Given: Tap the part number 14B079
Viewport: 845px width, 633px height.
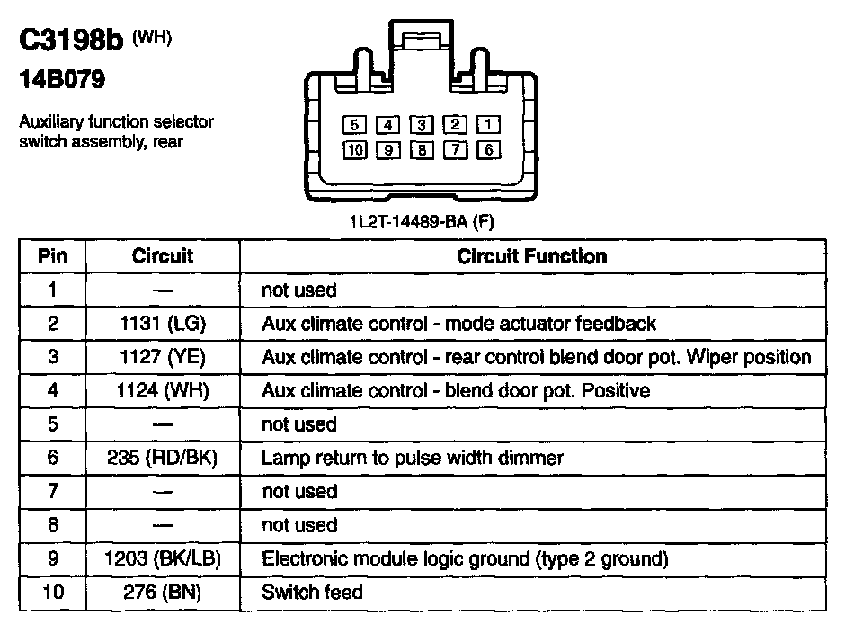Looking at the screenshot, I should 61,81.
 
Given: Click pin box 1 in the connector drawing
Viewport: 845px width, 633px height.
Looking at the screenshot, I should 488,125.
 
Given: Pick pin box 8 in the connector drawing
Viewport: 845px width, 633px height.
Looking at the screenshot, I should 422,150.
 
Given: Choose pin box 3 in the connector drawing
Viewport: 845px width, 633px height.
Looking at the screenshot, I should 422,125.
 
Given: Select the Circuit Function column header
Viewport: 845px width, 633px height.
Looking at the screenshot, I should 532,256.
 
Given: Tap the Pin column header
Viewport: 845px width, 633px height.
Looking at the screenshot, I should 52,256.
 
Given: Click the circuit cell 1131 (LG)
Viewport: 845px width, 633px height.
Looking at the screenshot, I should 163,324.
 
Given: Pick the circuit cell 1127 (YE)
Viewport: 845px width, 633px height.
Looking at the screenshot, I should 163,357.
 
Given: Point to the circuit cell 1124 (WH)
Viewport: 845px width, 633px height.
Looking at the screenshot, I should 163,391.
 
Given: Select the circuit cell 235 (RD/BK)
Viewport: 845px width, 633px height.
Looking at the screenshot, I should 163,458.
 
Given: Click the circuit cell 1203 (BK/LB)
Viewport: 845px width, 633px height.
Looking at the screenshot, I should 163,559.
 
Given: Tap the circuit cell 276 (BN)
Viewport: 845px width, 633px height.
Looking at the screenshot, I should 163,593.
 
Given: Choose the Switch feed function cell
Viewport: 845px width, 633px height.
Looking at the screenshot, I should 312,593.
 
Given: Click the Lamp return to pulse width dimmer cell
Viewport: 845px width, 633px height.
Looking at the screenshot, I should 413,458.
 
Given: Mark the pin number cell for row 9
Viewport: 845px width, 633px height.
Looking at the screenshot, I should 52,559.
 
